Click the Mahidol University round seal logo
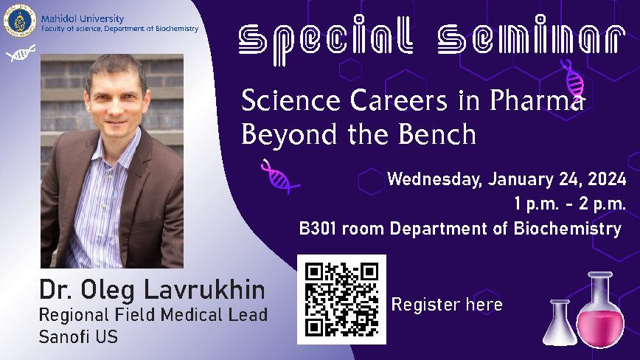[20, 21]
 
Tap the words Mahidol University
[83, 18]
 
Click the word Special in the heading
[325, 40]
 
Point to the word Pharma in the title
[536, 100]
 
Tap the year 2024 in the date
[607, 179]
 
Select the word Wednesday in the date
[435, 179]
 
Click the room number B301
[318, 229]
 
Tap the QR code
[341, 300]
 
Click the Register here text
[447, 305]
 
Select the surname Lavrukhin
[204, 290]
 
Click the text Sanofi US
[78, 336]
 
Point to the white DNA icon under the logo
[21, 53]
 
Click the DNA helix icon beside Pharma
[573, 80]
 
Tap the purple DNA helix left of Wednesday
[280, 176]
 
